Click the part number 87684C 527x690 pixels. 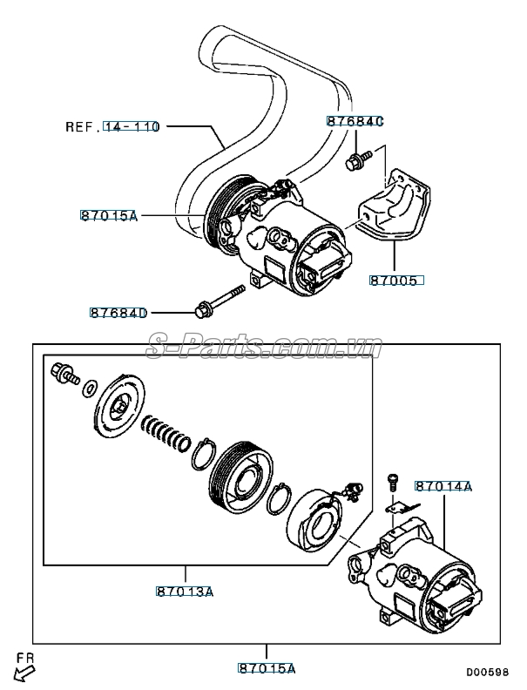click(355, 121)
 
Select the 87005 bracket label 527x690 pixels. click(396, 281)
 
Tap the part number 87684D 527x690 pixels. click(118, 312)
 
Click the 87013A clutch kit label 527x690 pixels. click(185, 592)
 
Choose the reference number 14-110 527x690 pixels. click(132, 126)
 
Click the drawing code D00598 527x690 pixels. click(485, 672)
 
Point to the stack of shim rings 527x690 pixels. click(166, 430)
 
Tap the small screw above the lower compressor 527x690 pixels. click(391, 480)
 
